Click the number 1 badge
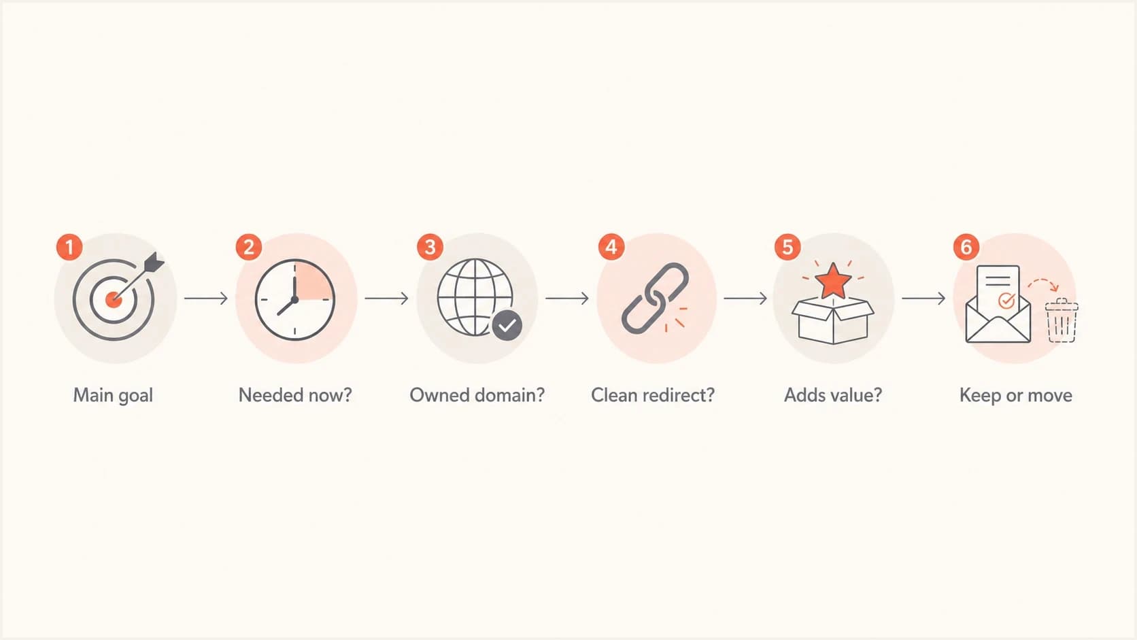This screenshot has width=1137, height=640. pyautogui.click(x=69, y=247)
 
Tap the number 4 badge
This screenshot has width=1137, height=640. pyautogui.click(x=611, y=247)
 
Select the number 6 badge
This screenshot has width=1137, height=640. pyautogui.click(x=966, y=247)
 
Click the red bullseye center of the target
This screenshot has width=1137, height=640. pyautogui.click(x=114, y=300)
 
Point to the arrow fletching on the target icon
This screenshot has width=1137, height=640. pyautogui.click(x=154, y=263)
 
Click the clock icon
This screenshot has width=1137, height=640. pyautogui.click(x=295, y=300)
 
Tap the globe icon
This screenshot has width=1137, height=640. pyautogui.click(x=475, y=297)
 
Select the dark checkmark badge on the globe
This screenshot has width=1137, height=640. pyautogui.click(x=507, y=325)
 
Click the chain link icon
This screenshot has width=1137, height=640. pyautogui.click(x=656, y=298)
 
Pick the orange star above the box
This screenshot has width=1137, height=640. pyautogui.click(x=833, y=281)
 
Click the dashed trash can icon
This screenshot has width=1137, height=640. pyautogui.click(x=1062, y=320)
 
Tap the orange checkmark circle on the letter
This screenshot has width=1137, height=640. pyautogui.click(x=1006, y=301)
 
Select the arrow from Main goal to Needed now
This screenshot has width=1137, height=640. pyautogui.click(x=205, y=298)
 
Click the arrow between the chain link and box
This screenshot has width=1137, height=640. pyautogui.click(x=745, y=298)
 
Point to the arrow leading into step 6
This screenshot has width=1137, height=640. pyautogui.click(x=923, y=298)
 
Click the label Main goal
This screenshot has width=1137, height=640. pyautogui.click(x=113, y=395)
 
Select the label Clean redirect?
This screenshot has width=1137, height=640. pyautogui.click(x=653, y=395)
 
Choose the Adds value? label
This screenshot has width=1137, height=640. pyautogui.click(x=833, y=395)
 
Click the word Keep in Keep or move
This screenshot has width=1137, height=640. pyautogui.click(x=979, y=395)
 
